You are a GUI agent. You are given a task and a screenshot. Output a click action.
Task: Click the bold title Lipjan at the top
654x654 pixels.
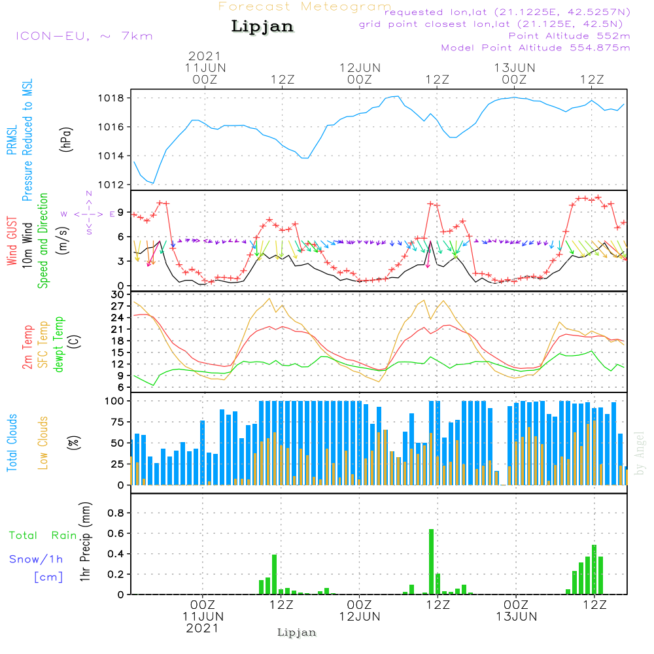[x=262, y=27]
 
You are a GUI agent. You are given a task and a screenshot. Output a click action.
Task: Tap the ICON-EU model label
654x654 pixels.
[x=84, y=36]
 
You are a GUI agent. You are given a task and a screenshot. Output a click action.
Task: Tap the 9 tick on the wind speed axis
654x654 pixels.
[x=122, y=211]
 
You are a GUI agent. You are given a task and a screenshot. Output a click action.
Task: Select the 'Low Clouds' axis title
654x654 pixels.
[x=43, y=443]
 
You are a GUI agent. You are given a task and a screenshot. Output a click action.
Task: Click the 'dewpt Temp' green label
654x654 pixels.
[x=59, y=345]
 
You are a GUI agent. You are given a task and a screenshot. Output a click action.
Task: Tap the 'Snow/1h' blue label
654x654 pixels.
[x=36, y=559]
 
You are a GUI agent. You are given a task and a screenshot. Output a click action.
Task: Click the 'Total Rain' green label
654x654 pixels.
[x=43, y=536]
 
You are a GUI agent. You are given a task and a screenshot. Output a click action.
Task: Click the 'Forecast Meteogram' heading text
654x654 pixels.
[x=304, y=7]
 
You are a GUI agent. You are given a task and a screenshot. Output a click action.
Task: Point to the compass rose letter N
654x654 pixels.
[x=88, y=194]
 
